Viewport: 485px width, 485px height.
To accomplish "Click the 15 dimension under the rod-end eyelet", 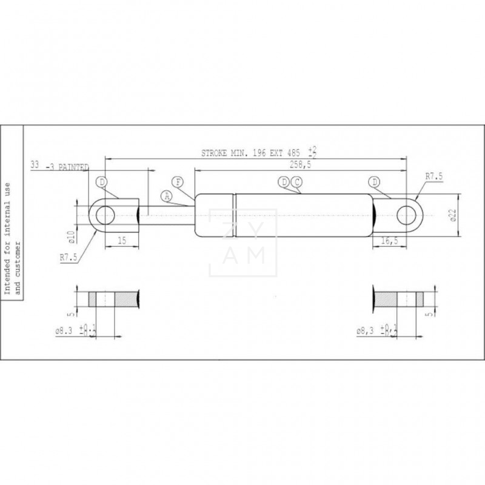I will pos(121,240).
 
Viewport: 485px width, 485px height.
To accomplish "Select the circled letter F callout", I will pos(178,182).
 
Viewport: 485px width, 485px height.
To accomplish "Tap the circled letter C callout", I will pos(296,182).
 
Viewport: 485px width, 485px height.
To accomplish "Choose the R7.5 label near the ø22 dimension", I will pos(434,176).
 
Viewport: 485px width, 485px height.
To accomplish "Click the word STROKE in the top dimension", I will pos(215,154).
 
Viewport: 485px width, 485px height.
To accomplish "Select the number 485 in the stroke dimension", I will pos(293,154).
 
